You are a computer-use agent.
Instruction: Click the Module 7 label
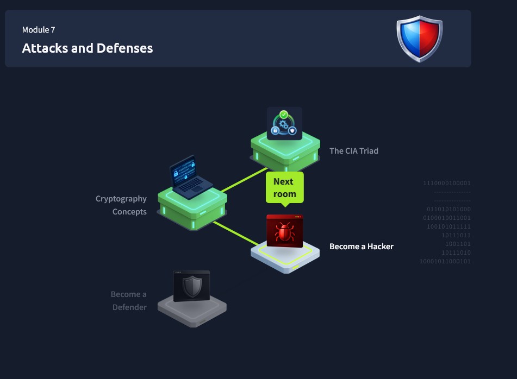pyautogui.click(x=39, y=30)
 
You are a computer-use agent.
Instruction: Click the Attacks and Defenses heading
pyautogui.click(x=87, y=48)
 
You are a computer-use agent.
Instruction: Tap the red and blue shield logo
pyautogui.click(x=419, y=38)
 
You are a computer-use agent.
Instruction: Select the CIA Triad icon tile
pyautogui.click(x=284, y=124)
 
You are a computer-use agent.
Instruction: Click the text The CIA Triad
pyautogui.click(x=353, y=151)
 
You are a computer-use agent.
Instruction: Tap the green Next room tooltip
pyautogui.click(x=284, y=188)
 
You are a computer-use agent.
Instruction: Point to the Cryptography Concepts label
pyautogui.click(x=121, y=205)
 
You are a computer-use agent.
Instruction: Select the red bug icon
pyautogui.click(x=284, y=231)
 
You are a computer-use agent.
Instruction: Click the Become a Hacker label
pyautogui.click(x=361, y=247)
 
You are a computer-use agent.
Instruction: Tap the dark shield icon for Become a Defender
pyautogui.click(x=191, y=286)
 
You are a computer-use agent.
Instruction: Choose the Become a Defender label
pyautogui.click(x=129, y=301)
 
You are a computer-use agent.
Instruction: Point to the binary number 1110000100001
pyautogui.click(x=447, y=184)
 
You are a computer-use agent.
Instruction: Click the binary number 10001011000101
pyautogui.click(x=445, y=262)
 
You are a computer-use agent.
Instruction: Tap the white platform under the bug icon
pyautogui.click(x=284, y=258)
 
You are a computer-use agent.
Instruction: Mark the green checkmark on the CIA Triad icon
pyautogui.click(x=283, y=115)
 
